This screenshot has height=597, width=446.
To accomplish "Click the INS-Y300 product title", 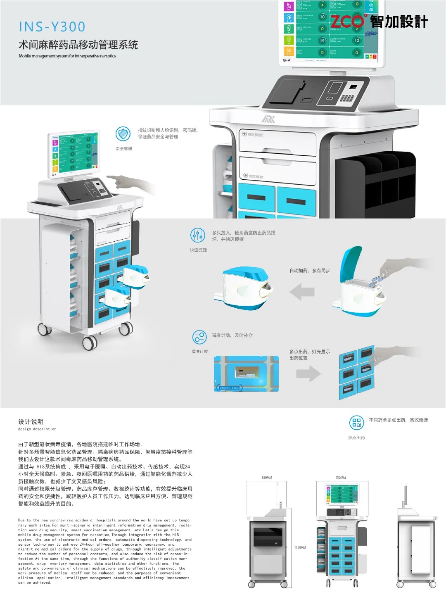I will click(x=52, y=27).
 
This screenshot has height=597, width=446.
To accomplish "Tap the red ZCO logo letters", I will click(x=347, y=21).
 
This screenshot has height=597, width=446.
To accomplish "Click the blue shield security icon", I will click(x=123, y=134).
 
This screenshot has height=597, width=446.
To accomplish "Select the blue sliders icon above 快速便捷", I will click(x=198, y=235).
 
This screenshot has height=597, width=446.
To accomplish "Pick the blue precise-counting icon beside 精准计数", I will click(x=199, y=337).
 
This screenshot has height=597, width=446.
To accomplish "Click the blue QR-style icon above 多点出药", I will click(x=356, y=422).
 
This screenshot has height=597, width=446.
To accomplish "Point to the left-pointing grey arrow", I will click(x=302, y=293).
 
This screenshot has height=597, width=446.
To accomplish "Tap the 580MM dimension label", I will click(x=267, y=478).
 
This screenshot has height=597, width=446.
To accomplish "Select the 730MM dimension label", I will click(x=341, y=478).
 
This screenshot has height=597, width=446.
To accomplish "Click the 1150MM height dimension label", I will click(x=300, y=547).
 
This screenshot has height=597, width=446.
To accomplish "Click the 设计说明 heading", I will click(x=31, y=421).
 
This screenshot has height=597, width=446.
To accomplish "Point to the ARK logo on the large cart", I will click(x=268, y=119).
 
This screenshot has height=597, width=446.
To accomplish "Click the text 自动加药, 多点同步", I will click(x=310, y=271).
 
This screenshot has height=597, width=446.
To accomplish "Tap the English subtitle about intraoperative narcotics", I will click(x=67, y=56).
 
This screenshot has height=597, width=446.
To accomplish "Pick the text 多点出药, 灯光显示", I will click(x=310, y=352).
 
